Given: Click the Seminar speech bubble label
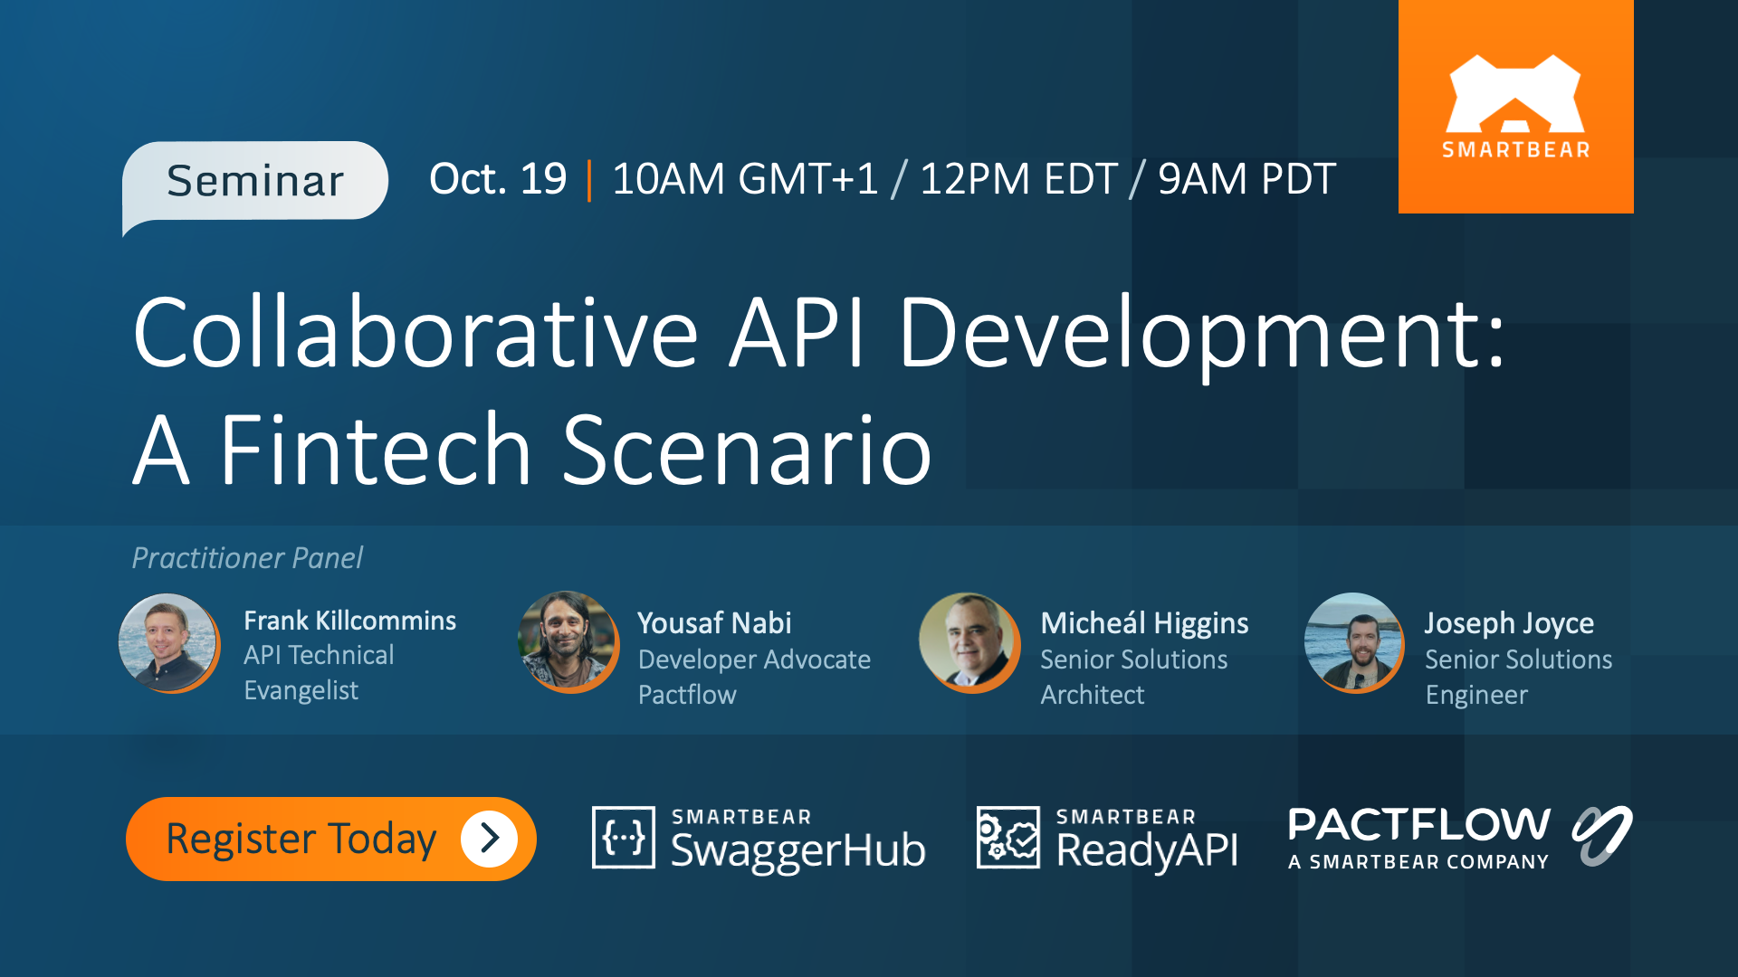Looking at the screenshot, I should (255, 181).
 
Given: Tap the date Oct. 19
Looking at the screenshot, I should (498, 178).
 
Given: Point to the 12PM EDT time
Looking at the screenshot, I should (1018, 178).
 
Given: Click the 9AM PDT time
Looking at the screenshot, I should (1246, 178).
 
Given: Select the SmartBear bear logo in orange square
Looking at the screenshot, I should (1515, 96).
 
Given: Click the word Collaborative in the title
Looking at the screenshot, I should (415, 332).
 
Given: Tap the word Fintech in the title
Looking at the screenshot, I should (376, 450).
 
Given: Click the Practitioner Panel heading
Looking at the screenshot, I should (247, 558).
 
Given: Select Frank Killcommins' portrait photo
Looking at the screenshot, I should (168, 643).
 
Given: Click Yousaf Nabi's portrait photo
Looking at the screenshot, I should (568, 641).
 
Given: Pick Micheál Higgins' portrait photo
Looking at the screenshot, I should (969, 641).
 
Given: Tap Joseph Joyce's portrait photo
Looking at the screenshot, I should (1353, 642).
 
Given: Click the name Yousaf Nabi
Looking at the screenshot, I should (714, 623).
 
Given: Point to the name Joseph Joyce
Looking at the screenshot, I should (1509, 623).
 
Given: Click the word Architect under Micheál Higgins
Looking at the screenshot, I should (1092, 695).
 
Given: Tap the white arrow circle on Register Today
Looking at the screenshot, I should (489, 839).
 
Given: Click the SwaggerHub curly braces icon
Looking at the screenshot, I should (624, 838).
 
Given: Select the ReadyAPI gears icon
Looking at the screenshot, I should (1007, 838).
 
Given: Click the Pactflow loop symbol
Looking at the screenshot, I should (1601, 835).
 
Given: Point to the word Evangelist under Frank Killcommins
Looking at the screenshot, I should (301, 690).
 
